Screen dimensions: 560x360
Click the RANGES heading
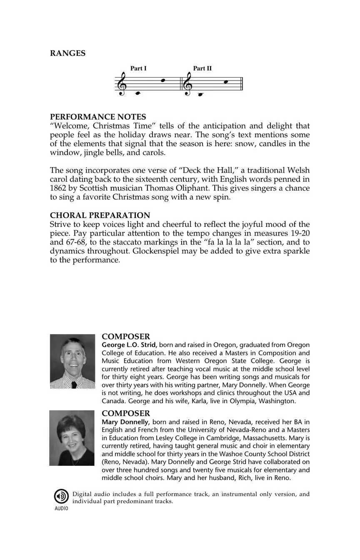pyautogui.click(x=67, y=53)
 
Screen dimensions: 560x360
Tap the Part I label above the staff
pyautogui.click(x=138, y=68)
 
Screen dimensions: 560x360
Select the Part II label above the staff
pyautogui.click(x=202, y=68)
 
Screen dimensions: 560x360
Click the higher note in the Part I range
pyautogui.click(x=164, y=80)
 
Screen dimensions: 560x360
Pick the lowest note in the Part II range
pyautogui.click(x=200, y=95)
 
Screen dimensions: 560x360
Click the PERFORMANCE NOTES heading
pyautogui.click(x=98, y=117)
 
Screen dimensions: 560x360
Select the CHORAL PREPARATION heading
pyautogui.click(x=100, y=215)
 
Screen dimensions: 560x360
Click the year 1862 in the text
pyautogui.click(x=59, y=188)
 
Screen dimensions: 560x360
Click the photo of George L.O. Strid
pyautogui.click(x=72, y=361)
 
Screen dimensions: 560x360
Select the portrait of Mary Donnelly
pyautogui.click(x=72, y=438)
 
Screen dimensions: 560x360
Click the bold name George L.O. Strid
pyautogui.click(x=129, y=345)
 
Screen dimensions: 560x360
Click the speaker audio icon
pyautogui.click(x=61, y=496)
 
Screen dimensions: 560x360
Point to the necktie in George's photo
pyautogui.click(x=74, y=384)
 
